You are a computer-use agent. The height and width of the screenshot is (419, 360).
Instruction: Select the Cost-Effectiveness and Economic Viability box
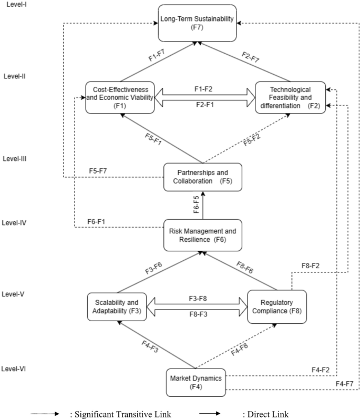coord(120,97)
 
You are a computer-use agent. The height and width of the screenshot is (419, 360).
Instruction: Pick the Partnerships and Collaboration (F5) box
coord(202,177)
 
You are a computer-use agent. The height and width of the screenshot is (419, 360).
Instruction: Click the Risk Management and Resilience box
coord(202,235)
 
